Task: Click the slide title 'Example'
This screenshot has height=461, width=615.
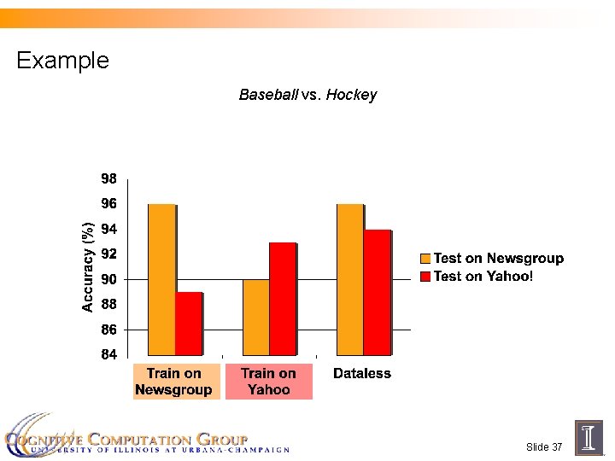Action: [x=62, y=61]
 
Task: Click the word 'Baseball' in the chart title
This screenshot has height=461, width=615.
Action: [x=268, y=95]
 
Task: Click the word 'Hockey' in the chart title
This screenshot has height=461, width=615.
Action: [x=351, y=95]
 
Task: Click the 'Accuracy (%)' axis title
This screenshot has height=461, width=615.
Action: [x=87, y=266]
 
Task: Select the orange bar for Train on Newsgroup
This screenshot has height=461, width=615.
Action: [x=161, y=279]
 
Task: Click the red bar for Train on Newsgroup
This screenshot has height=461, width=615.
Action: [x=189, y=324]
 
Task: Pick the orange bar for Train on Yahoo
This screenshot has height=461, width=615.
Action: [x=255, y=317]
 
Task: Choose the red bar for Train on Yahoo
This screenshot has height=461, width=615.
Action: [x=283, y=299]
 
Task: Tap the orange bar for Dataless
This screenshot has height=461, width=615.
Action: [x=350, y=279]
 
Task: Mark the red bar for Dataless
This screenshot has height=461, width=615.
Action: [x=377, y=292]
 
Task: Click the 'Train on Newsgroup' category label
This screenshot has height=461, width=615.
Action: [x=173, y=382]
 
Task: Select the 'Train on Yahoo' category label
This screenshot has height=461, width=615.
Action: [x=268, y=382]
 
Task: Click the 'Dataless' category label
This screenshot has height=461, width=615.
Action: [x=362, y=373]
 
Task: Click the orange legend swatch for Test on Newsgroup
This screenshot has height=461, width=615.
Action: [x=425, y=259]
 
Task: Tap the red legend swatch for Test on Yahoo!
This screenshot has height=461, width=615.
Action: [x=425, y=277]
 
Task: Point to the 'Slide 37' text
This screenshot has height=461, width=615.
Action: [x=544, y=447]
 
